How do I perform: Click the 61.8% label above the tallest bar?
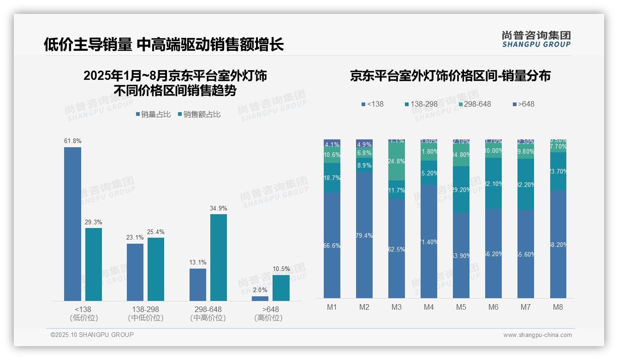coord(72,141)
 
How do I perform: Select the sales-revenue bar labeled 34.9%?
coord(218,257)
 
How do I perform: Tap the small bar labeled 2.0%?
coord(260,298)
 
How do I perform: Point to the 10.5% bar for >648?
coord(281,288)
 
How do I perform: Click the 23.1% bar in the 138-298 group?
coord(135,272)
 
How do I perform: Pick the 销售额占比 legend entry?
coord(199,114)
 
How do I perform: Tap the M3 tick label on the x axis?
coord(396,307)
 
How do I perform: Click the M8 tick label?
coord(558,307)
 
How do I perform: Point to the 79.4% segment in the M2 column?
coord(364,235)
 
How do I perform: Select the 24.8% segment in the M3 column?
coord(396,162)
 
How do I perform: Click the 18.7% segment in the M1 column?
coord(332,178)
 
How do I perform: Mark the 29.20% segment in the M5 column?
coord(461,190)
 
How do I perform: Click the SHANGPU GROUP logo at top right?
coord(536,39)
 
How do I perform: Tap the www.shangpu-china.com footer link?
coord(537,335)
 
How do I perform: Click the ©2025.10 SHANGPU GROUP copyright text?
coord(92,335)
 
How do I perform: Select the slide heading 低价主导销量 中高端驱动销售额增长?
coord(164,44)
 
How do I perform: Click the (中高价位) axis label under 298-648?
coord(208,318)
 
